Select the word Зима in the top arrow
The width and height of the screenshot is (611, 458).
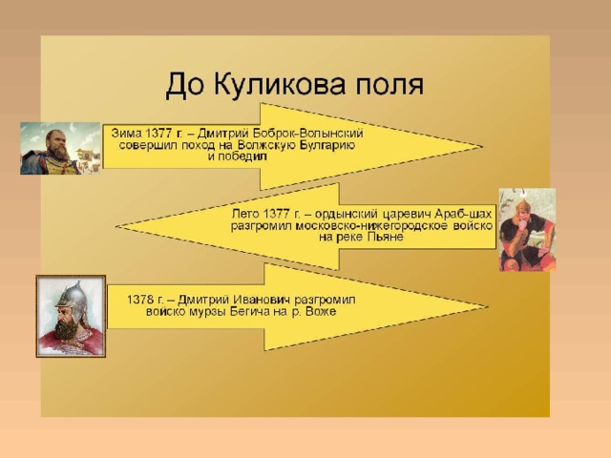pyautogui.click(x=126, y=134)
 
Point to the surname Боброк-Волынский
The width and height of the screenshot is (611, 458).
pyautogui.click(x=307, y=134)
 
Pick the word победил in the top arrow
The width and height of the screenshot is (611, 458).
pyautogui.click(x=242, y=156)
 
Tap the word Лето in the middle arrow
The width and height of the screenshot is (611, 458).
pyautogui.click(x=246, y=214)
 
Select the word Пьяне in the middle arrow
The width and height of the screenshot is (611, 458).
pyautogui.click(x=385, y=237)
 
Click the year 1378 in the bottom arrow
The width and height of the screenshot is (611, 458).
pyautogui.click(x=140, y=300)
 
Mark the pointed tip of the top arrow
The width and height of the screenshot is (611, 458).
pyautogui.click(x=481, y=147)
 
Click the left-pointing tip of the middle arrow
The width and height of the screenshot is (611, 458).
pyautogui.click(x=116, y=226)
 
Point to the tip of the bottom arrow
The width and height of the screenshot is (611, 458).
pyautogui.click(x=487, y=307)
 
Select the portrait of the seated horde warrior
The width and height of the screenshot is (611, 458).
pyautogui.click(x=527, y=229)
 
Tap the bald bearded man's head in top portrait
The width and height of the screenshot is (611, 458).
pyautogui.click(x=55, y=143)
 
